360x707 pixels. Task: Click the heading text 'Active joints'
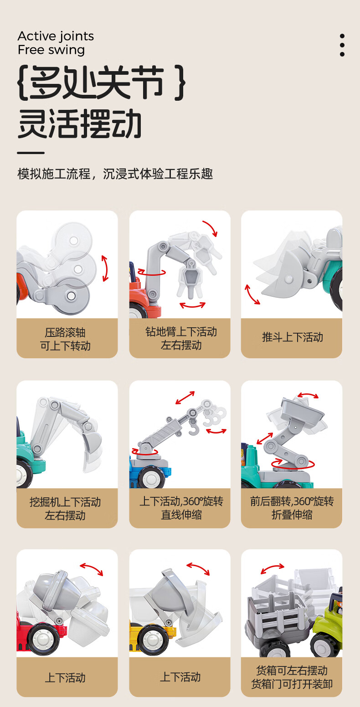click(56, 36)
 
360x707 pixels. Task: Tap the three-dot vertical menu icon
click(342, 45)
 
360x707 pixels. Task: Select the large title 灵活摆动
click(79, 124)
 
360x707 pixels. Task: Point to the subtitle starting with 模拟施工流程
click(115, 174)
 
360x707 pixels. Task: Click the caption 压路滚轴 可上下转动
click(65, 339)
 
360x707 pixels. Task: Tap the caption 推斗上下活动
click(293, 337)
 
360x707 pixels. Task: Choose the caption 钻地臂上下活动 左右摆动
click(181, 338)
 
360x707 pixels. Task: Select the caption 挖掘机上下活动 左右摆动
click(65, 508)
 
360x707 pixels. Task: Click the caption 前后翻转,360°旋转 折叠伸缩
click(292, 508)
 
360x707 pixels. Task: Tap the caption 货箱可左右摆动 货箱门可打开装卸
click(292, 677)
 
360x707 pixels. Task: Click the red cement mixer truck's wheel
click(43, 639)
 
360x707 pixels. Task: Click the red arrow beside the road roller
click(105, 268)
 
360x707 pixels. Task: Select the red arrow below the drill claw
click(192, 305)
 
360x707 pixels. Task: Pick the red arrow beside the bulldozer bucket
click(252, 294)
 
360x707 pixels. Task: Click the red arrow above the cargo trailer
click(273, 568)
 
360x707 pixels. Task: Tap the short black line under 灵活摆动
click(31, 153)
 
